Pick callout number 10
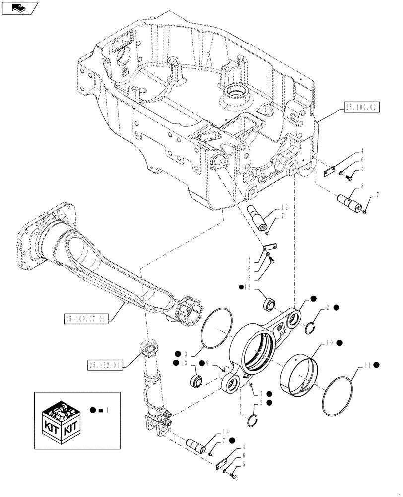point(329,343)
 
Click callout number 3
point(185,354)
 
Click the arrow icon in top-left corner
point(19,7)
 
